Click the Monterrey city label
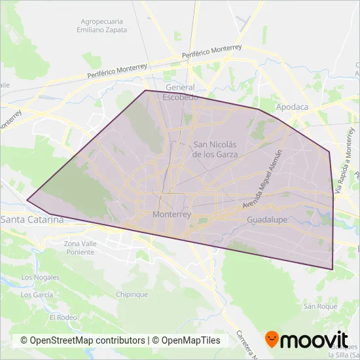[x=171, y=214]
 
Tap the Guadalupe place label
[x=267, y=221]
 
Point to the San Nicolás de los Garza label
[x=215, y=149]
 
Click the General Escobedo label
[x=181, y=92]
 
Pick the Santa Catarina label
[x=31, y=219]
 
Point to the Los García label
[x=37, y=295]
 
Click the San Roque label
[x=318, y=306]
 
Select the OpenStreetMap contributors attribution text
[x=82, y=340]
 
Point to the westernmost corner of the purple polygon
[x=27, y=200]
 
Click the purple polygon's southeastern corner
[x=333, y=269]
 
